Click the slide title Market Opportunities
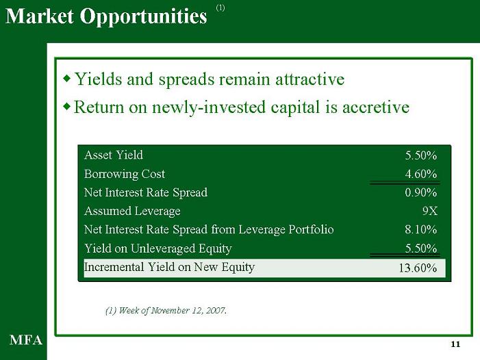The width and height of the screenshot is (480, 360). point(106,16)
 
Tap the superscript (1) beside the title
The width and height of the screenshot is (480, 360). point(220,8)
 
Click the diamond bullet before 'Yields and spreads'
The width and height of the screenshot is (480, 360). point(66,79)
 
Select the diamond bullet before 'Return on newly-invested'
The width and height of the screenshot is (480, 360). point(66,107)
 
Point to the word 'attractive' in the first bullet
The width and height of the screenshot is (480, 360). point(310,79)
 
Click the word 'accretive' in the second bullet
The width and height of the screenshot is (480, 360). point(376,107)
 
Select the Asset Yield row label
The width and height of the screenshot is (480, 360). point(114,155)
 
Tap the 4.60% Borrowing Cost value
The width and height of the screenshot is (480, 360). point(421,174)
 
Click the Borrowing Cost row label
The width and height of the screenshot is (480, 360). point(125,174)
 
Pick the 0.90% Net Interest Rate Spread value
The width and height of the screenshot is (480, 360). point(421,193)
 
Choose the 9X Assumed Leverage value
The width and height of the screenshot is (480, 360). point(430,211)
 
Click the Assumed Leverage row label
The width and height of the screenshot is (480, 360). point(132,211)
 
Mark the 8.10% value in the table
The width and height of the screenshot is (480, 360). point(421,229)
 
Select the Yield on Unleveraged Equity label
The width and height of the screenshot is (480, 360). point(158,248)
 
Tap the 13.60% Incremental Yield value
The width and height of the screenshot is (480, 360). point(418,268)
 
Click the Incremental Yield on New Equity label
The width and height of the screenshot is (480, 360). point(169,268)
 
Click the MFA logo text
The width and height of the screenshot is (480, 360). point(26,340)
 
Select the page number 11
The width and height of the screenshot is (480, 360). point(455,344)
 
